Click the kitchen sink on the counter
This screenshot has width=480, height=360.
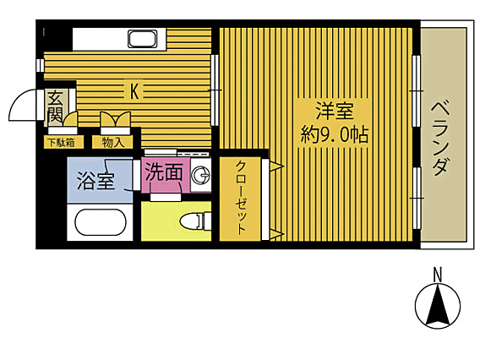(142, 39)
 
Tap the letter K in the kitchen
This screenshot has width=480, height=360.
(134, 91)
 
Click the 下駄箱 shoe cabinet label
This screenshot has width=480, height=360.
(61, 142)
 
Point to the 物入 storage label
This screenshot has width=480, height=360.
(112, 142)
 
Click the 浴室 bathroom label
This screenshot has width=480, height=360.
(95, 181)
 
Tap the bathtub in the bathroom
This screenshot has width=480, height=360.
(101, 222)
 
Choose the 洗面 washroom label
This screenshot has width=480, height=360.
(164, 172)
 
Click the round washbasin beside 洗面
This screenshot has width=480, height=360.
(200, 176)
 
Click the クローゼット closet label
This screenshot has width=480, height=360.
(241, 198)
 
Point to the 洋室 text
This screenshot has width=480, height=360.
(335, 111)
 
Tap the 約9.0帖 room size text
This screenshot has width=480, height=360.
(334, 134)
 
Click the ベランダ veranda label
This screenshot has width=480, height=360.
(441, 138)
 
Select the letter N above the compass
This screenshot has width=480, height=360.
(438, 275)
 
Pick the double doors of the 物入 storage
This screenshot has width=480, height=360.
(116, 119)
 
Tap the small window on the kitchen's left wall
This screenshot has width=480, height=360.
(40, 65)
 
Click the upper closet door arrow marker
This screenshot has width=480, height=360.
(277, 166)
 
